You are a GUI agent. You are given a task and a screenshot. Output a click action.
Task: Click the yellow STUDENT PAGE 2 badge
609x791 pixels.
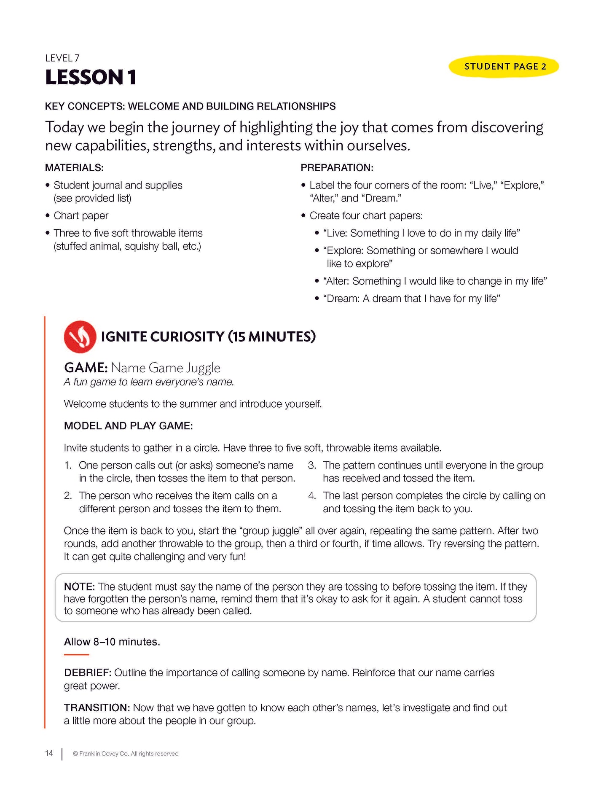coord(504,67)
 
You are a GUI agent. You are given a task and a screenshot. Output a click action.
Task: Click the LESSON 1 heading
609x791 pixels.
coord(91,78)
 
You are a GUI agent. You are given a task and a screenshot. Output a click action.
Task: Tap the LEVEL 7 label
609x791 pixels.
coord(62,58)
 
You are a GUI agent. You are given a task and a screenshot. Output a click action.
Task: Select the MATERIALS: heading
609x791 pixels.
coord(74,168)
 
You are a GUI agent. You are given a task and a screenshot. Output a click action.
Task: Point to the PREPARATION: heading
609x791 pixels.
coord(337,168)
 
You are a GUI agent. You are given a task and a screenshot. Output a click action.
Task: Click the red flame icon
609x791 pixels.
coord(80,336)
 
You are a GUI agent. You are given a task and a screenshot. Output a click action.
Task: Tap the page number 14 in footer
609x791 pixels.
coord(49,753)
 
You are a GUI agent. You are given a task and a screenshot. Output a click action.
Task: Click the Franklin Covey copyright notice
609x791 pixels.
coord(126,753)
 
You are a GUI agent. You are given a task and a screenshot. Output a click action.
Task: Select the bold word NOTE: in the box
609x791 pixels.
coord(80,587)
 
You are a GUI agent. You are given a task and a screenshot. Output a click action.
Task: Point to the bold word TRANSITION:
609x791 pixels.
coord(97,708)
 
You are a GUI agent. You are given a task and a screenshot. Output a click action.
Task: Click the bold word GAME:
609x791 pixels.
coord(86,368)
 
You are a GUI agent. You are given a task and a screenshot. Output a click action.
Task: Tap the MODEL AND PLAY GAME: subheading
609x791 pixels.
coord(128,426)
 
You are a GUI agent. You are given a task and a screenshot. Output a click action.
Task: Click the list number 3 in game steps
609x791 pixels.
coord(312,465)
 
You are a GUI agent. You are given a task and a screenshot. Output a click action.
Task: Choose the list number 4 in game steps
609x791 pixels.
coord(312,495)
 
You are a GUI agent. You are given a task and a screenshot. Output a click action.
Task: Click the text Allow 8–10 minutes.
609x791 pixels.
coord(112,642)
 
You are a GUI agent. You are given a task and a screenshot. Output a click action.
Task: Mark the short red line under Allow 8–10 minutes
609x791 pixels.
coord(76,655)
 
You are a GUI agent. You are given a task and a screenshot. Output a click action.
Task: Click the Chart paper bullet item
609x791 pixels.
coord(81,216)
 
